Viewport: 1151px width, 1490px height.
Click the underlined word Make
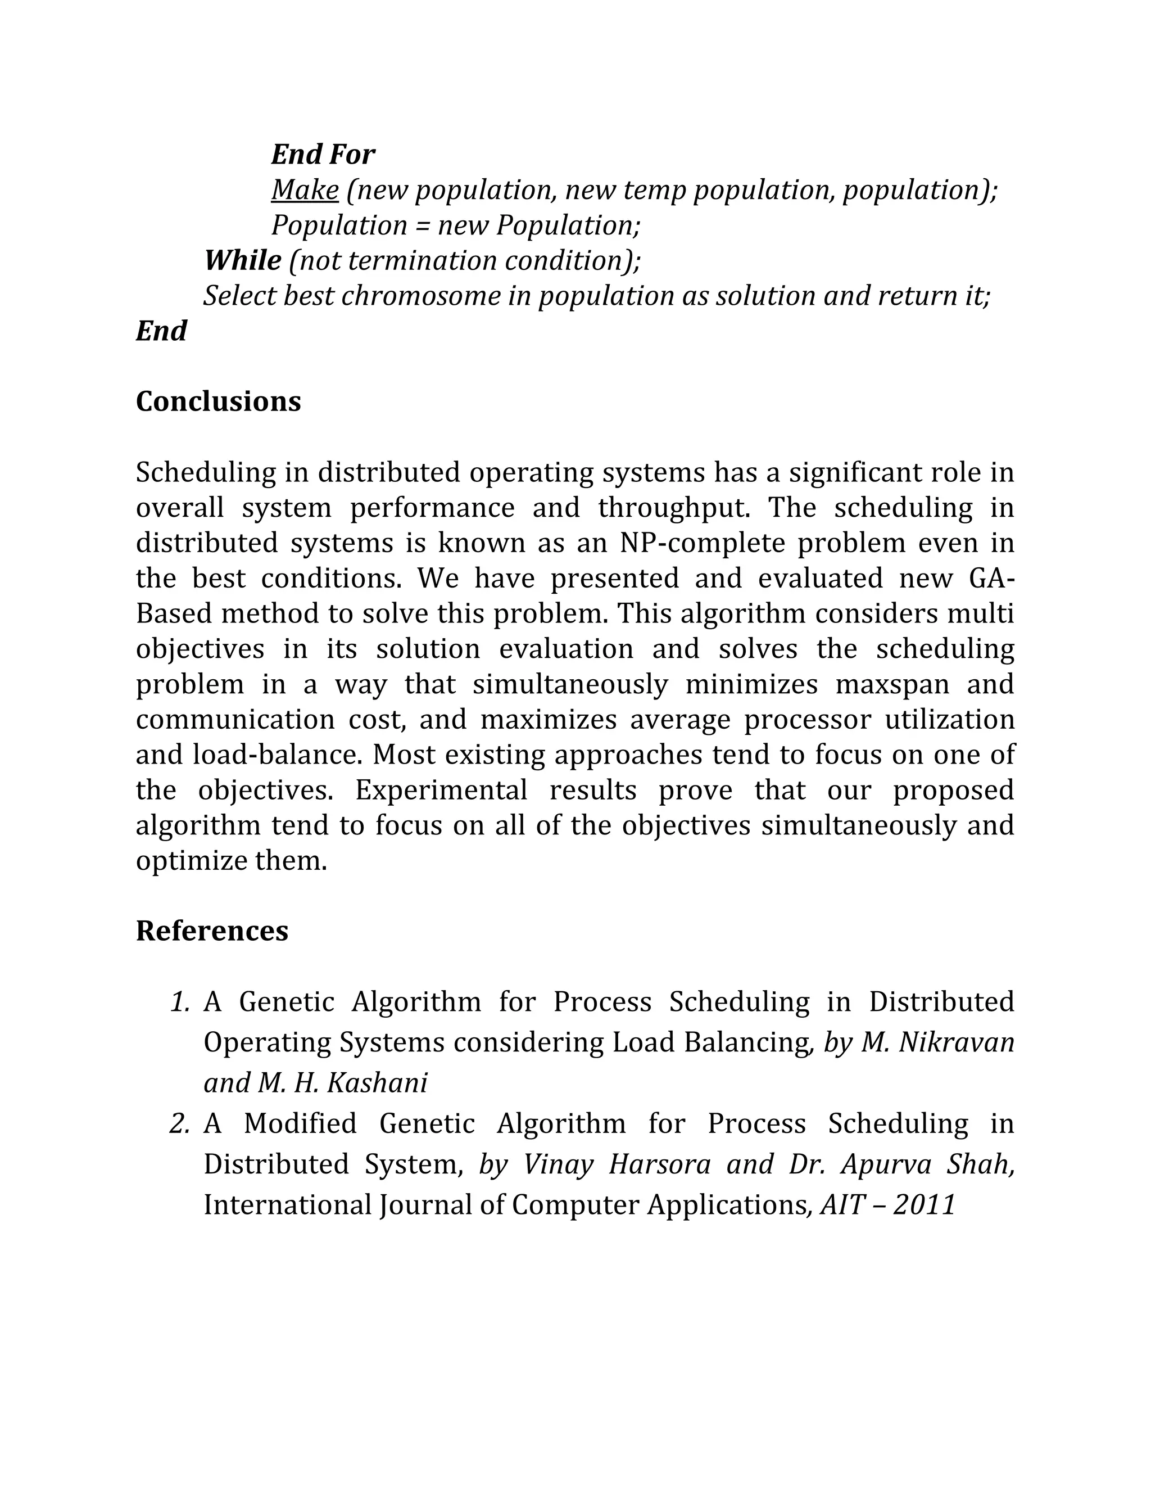tap(305, 189)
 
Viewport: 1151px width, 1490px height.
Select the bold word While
tap(243, 260)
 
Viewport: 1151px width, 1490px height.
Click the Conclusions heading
tap(218, 401)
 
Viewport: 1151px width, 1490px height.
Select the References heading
tap(212, 931)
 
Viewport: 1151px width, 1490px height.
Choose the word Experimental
tap(441, 790)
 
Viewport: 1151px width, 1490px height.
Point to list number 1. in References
tap(180, 1001)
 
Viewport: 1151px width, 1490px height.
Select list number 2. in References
tap(179, 1123)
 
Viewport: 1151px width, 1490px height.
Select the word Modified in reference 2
tap(300, 1123)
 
